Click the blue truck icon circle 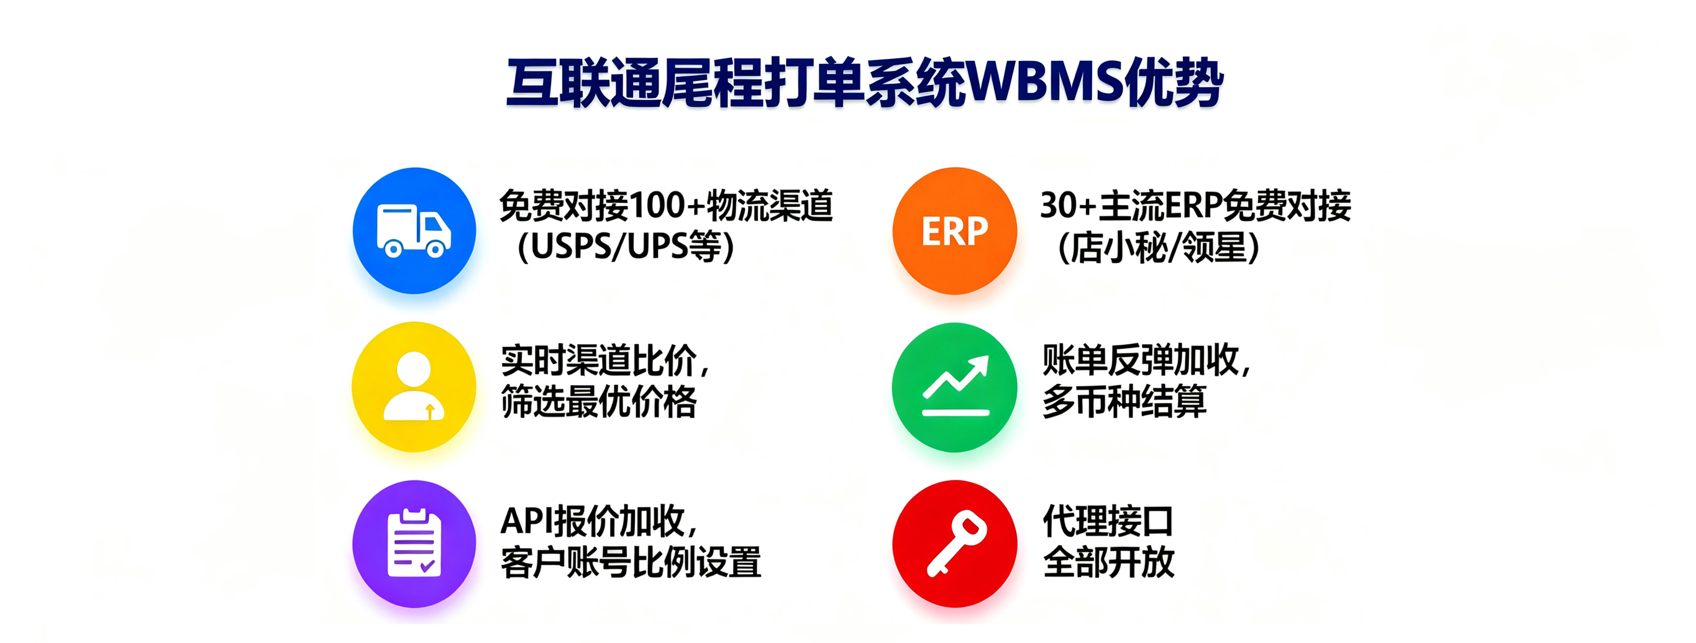[x=414, y=230]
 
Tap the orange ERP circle [x=954, y=230]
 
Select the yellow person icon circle [x=414, y=386]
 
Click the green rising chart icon [x=954, y=387]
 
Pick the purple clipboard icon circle [x=414, y=544]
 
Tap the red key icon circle [x=954, y=544]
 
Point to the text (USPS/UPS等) [x=626, y=247]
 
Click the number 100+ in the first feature [x=666, y=206]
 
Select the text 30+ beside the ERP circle [x=1067, y=206]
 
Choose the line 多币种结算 [x=1124, y=401]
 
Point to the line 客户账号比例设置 [x=630, y=563]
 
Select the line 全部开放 [x=1109, y=563]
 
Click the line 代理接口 [x=1109, y=521]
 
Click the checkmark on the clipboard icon [x=427, y=565]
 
